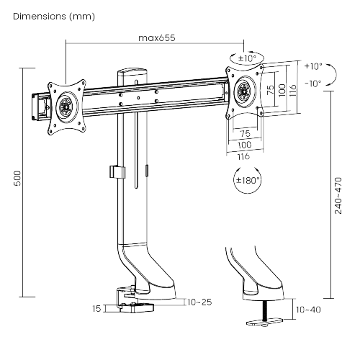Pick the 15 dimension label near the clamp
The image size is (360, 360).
[x=96, y=309]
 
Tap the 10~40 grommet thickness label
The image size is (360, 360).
[x=307, y=310]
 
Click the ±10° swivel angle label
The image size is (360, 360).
[x=248, y=57]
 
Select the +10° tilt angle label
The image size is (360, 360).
[x=312, y=66]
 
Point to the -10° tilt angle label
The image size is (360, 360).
[x=312, y=83]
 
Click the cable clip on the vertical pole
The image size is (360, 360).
[x=113, y=173]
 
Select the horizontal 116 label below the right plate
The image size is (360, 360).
[x=244, y=156]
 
